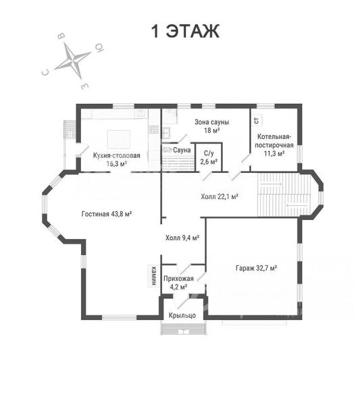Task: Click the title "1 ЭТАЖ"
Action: pos(185,31)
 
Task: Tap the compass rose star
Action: pos(74,61)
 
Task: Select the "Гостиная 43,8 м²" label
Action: pos(107,214)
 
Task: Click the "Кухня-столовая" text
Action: pos(117,155)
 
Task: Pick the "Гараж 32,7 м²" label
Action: pos(256,268)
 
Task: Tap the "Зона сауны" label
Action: pos(211,122)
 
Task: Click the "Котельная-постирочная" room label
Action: pos(274,141)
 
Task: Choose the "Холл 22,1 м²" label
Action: pos(219,196)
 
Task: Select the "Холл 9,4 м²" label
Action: pos(182,238)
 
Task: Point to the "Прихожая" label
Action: pos(178,279)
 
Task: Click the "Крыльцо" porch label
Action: pos(182,315)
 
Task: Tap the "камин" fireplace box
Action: pos(153,275)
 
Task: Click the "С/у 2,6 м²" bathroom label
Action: pos(209,157)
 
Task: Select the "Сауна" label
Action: pos(182,150)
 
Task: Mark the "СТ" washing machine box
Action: pos(257,120)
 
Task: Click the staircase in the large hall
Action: pos(284,194)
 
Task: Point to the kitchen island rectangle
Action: pos(119,140)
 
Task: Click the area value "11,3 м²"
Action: pos(274,153)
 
